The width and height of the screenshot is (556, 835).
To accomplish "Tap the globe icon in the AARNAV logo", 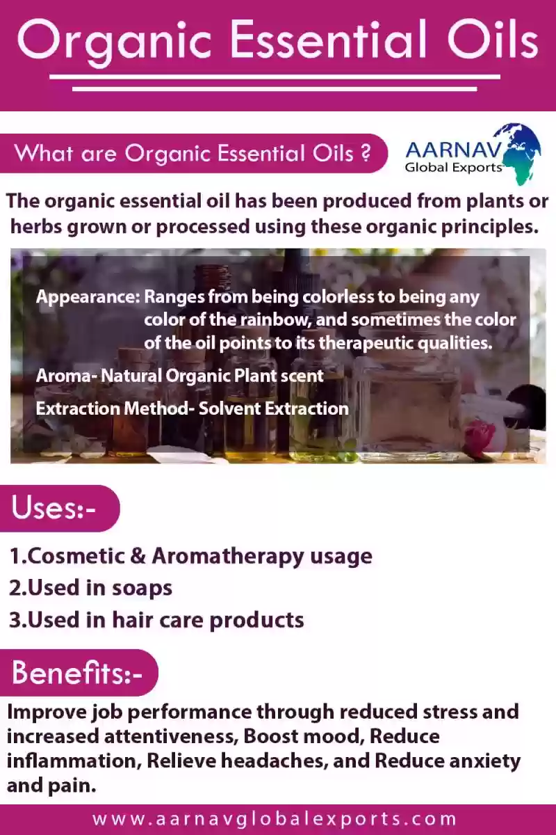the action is pos(519,154).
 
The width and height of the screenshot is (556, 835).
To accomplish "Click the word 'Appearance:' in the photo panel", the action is pos(88,298).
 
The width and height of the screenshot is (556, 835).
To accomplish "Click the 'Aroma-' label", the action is pos(67,376).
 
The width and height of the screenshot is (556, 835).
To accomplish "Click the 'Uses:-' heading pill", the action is pos(60,508).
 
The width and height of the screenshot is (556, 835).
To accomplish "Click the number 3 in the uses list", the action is pos(16,620).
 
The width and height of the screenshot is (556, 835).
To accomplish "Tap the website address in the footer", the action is pos(275,819).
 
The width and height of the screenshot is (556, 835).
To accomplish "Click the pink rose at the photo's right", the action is pos(480,437).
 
